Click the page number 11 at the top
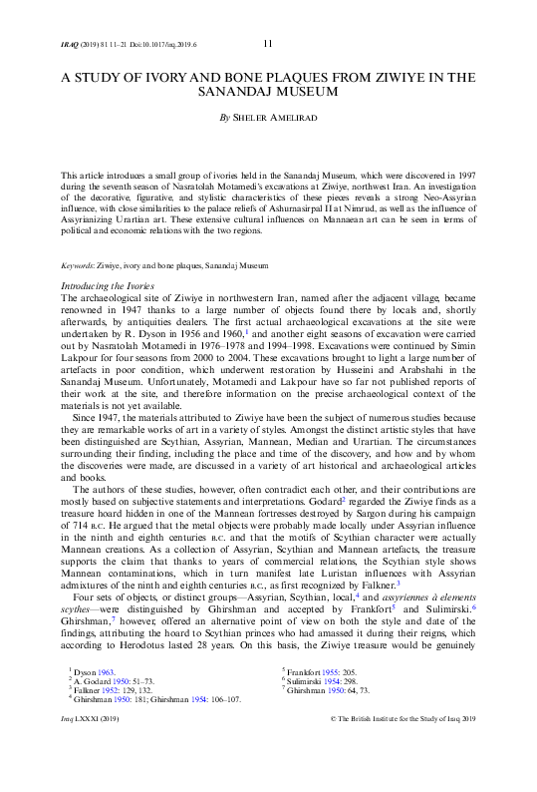[x=268, y=43]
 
